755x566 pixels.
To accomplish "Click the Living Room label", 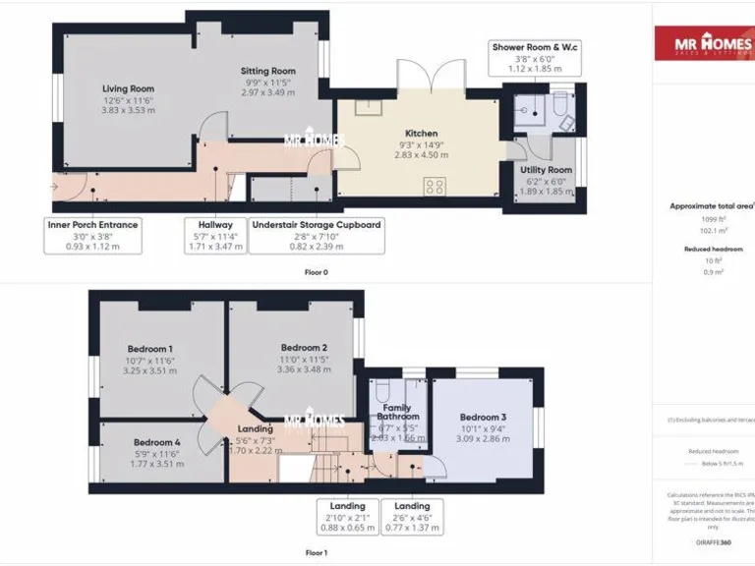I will click(x=129, y=89).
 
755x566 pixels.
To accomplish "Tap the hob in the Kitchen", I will click(x=434, y=185).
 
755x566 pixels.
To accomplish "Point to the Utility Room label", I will click(x=546, y=170).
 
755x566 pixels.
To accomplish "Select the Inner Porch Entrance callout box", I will click(x=92, y=236).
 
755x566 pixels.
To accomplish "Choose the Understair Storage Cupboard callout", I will click(x=317, y=236).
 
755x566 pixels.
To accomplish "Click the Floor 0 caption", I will click(x=317, y=272).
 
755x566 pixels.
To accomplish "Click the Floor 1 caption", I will click(x=317, y=553).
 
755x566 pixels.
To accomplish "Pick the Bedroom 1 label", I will click(x=150, y=349).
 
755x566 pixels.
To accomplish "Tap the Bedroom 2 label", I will click(x=304, y=348).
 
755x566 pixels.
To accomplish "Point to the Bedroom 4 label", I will click(x=157, y=442).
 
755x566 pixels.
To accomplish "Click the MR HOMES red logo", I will click(x=704, y=44).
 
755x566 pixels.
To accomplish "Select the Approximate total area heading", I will click(x=712, y=206).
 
